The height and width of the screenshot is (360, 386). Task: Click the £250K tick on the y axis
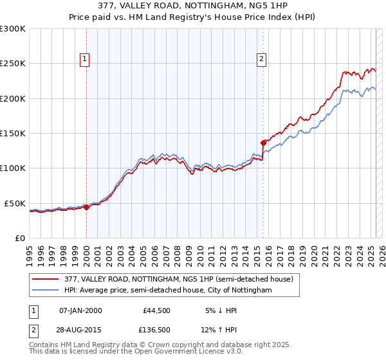coord(13,64)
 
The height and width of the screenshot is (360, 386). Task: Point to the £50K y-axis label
coord(15,203)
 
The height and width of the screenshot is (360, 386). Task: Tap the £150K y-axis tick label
coord(13,133)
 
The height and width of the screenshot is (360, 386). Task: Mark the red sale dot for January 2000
coord(87,207)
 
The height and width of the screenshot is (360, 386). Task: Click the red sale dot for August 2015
coord(263,143)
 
